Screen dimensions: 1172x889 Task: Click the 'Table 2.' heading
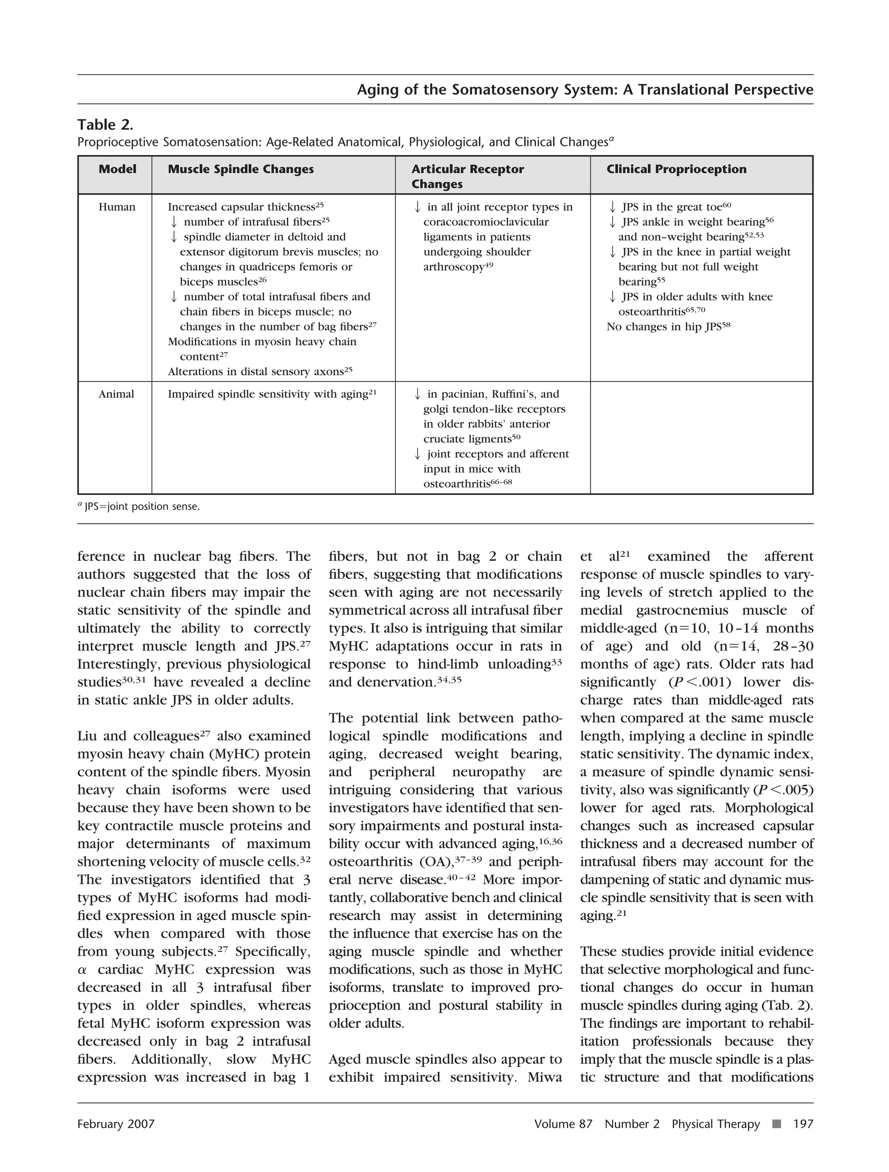(x=105, y=125)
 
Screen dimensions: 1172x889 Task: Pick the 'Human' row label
(x=117, y=207)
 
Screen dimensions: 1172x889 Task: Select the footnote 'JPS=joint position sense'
(x=142, y=507)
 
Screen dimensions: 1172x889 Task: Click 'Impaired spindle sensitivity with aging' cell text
(x=267, y=394)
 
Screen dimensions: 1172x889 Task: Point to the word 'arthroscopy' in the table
(x=454, y=267)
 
